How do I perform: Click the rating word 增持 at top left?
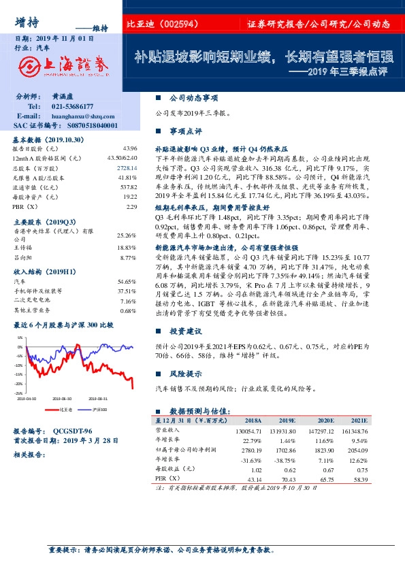(x=26, y=21)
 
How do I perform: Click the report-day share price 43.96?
(x=131, y=148)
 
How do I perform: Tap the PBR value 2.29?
(x=132, y=206)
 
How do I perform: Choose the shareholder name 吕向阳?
(x=23, y=258)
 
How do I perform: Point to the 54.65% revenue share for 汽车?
(x=127, y=280)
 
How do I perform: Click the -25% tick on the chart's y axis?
(x=19, y=393)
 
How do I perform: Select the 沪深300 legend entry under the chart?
(x=99, y=410)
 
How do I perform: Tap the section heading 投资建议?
(x=186, y=331)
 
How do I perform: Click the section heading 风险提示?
(x=186, y=374)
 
